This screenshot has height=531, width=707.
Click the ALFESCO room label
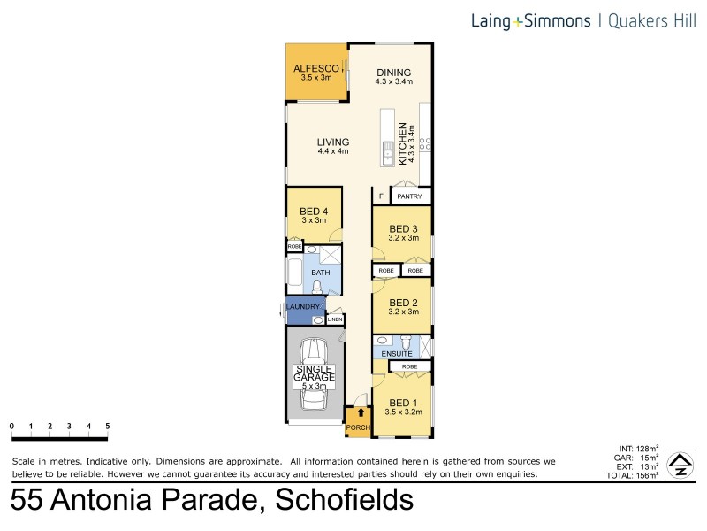315,67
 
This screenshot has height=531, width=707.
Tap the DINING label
393,73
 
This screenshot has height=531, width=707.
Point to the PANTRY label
409,196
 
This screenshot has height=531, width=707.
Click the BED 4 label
314,211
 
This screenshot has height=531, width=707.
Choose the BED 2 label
402,302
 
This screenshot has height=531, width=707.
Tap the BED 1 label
402,399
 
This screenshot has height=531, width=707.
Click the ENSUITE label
398,353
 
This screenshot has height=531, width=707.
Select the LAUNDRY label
302,307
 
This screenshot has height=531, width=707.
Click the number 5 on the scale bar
108,427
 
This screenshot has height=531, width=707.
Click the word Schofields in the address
345,501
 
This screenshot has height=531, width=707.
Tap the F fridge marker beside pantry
381,196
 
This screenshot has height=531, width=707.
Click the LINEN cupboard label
336,319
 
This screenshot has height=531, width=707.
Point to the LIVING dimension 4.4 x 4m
333,151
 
